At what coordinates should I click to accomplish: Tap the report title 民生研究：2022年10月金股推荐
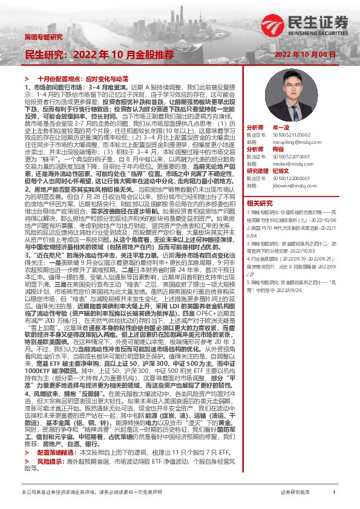click(99, 54)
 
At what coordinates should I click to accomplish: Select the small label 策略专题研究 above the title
click(43, 37)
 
